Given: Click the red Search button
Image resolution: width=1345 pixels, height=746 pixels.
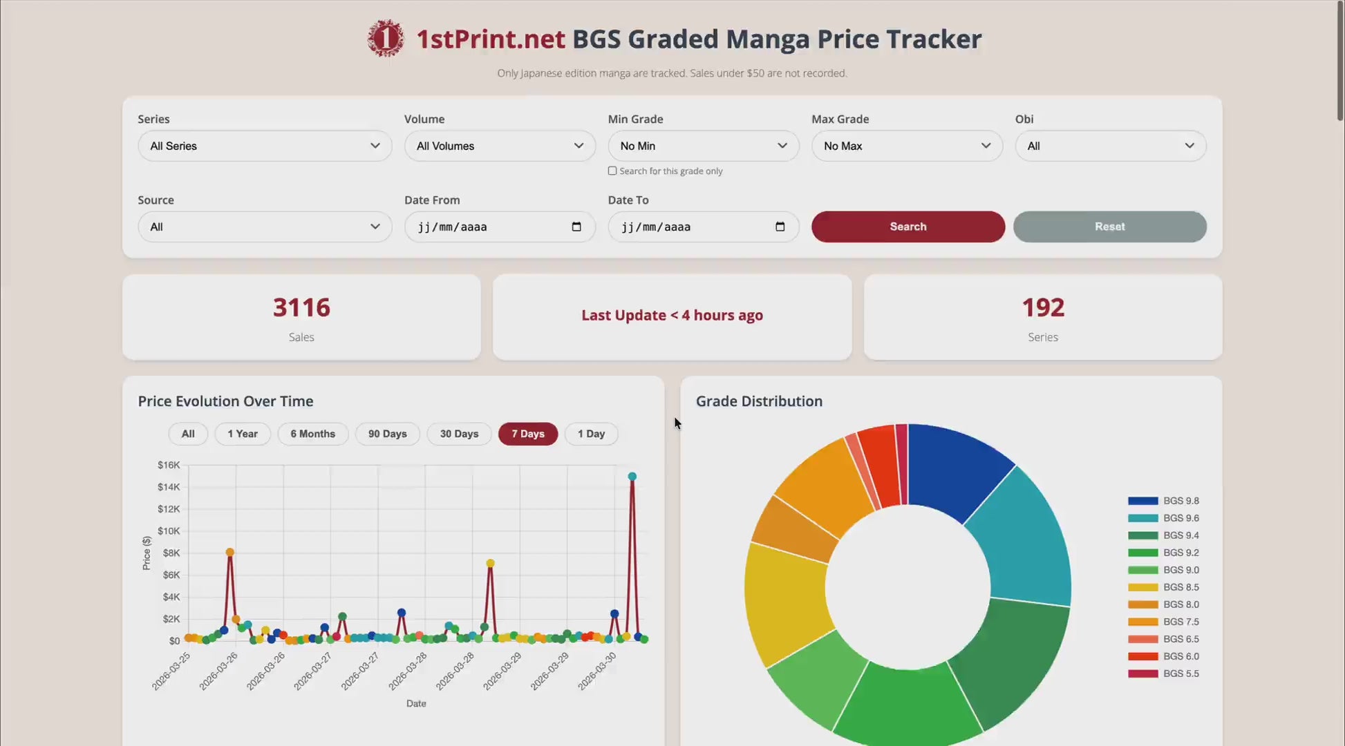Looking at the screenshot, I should [x=907, y=227].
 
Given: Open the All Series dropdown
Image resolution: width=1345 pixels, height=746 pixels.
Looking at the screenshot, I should [x=265, y=146].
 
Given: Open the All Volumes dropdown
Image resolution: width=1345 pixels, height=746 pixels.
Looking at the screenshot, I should [x=499, y=146].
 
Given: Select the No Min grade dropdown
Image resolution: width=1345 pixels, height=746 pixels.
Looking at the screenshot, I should [x=703, y=146].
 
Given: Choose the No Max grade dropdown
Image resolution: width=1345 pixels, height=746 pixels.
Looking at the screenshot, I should [x=906, y=146].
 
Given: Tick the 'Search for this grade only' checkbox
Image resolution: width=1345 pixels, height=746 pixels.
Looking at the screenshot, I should [x=612, y=171].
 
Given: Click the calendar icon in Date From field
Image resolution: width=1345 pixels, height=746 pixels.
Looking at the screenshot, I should [x=576, y=227].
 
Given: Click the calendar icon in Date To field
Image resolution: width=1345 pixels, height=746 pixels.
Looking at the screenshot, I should [x=780, y=227].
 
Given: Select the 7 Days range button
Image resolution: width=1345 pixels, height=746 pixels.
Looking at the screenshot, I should [x=527, y=434].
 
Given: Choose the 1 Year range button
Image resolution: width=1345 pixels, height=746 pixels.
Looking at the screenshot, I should [x=242, y=434].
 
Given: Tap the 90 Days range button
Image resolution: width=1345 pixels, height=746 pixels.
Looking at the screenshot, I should [x=387, y=434].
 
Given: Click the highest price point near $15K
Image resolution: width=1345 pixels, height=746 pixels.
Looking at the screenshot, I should [x=632, y=477].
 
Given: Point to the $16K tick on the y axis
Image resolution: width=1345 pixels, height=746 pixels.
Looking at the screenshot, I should [x=169, y=465].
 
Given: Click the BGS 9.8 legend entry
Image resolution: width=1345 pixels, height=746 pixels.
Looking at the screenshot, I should [x=1163, y=501].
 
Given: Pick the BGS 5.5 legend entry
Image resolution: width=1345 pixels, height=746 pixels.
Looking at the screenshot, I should [x=1163, y=673].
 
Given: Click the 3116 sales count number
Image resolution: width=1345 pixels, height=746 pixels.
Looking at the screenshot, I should [x=301, y=307].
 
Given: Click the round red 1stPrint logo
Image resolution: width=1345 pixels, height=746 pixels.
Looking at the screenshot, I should [x=385, y=38].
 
